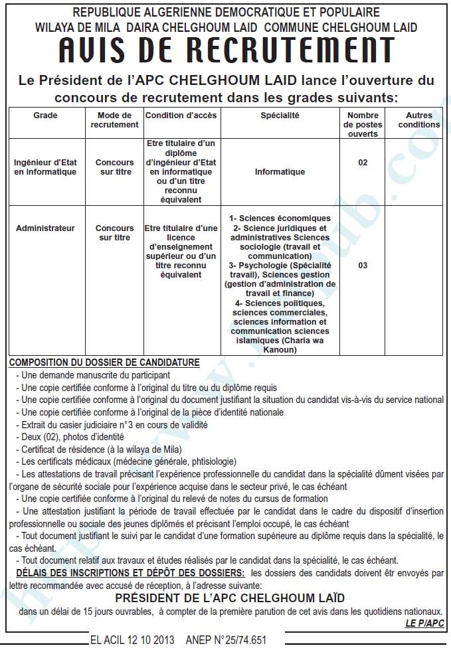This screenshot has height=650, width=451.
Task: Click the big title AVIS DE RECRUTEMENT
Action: [226, 50]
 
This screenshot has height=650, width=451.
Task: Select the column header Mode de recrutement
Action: [114, 120]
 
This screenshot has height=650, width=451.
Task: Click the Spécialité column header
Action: [280, 115]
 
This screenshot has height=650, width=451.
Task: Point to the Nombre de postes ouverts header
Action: [363, 124]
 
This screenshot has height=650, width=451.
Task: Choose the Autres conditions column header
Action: [418, 120]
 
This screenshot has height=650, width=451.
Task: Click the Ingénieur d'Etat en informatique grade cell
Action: [46, 167]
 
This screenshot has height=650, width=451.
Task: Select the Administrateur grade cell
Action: [45, 228]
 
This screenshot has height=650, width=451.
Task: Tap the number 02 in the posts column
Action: [363, 163]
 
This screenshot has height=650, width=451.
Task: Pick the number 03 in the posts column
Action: [363, 266]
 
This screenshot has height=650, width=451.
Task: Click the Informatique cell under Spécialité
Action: [280, 172]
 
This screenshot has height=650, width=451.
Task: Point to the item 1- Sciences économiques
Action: [280, 218]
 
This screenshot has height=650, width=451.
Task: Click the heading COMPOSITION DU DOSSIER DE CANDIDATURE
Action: [104, 363]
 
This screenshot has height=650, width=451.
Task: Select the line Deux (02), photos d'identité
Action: [72, 436]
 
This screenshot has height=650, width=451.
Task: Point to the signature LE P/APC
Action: [424, 623]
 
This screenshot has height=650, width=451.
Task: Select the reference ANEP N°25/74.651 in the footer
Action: [226, 640]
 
